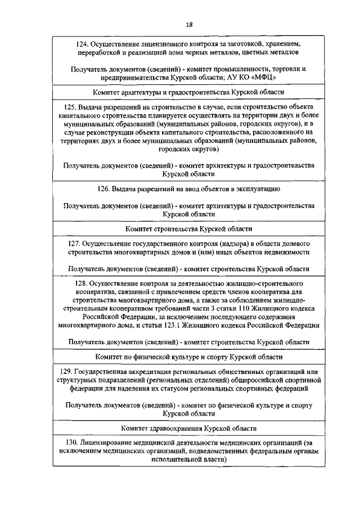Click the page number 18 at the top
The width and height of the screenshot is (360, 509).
point(189,24)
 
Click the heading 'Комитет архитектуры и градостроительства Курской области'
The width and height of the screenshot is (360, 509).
point(188,92)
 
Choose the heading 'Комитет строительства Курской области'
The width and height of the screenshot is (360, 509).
point(188,229)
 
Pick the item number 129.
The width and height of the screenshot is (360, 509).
point(66,372)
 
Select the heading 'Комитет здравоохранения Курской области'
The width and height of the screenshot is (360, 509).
point(188,428)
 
